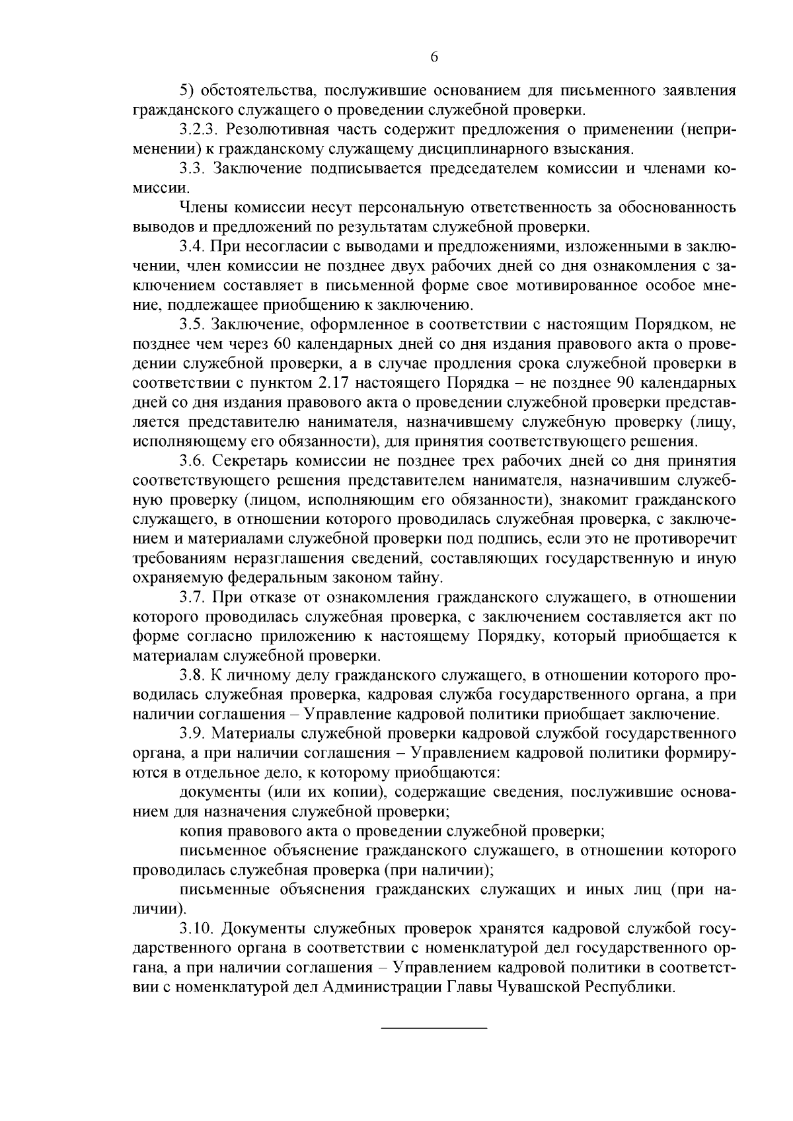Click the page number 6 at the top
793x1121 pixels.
[434, 57]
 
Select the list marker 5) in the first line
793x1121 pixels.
[188, 90]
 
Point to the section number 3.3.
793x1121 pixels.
[192, 168]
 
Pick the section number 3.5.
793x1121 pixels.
[192, 324]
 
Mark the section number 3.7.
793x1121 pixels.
[192, 598]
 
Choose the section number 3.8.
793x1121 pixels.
[192, 676]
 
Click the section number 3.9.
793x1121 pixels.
[192, 734]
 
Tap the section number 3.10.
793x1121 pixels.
[196, 929]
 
